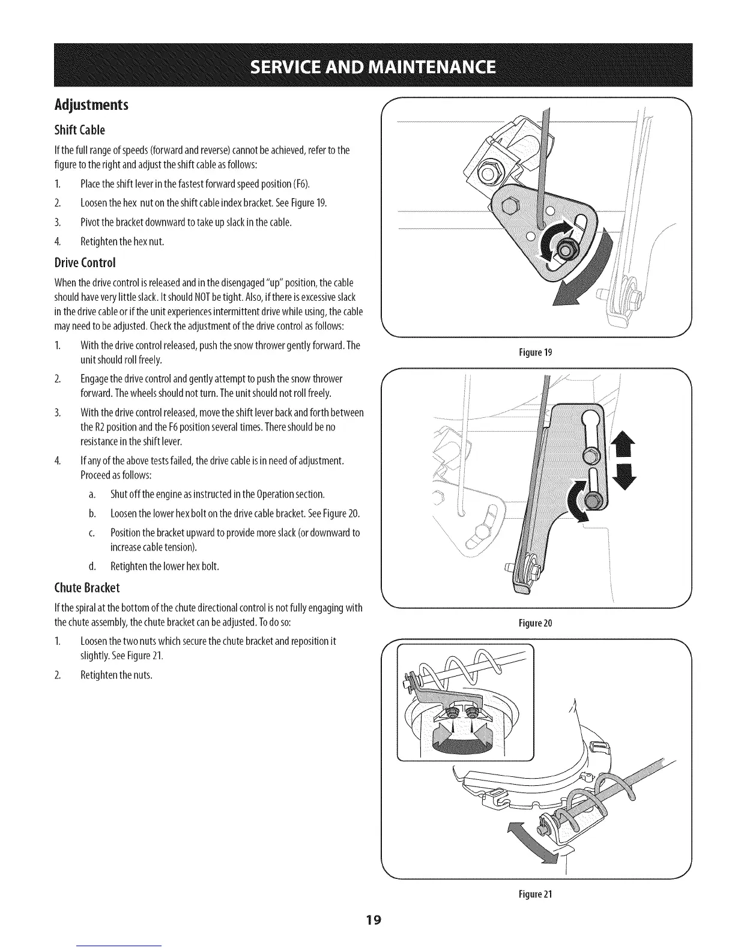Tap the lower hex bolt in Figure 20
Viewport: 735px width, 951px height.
pyautogui.click(x=594, y=498)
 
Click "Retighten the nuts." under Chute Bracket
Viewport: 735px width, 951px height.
pyautogui.click(x=116, y=675)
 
